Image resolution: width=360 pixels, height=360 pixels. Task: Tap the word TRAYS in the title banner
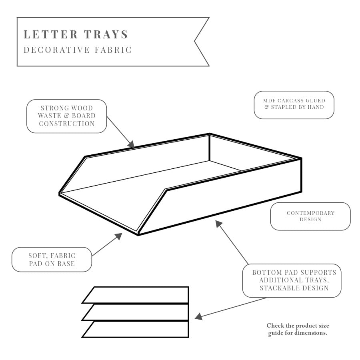click(x=106, y=34)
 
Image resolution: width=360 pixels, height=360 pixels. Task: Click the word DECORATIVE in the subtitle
click(x=56, y=50)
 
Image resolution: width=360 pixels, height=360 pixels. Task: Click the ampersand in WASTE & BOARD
click(x=66, y=116)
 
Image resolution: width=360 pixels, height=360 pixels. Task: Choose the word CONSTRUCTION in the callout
click(x=66, y=124)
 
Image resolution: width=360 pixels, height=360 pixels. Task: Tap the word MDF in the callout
click(x=269, y=100)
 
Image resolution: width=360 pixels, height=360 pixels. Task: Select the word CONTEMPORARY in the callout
click(x=310, y=213)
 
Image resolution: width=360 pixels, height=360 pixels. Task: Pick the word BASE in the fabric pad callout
click(x=66, y=264)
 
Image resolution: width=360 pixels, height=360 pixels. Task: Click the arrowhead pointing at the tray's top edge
click(x=131, y=145)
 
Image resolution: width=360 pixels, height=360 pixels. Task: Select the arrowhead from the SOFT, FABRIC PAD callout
click(x=118, y=236)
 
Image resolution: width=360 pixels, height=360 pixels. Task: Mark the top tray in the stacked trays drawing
click(x=136, y=295)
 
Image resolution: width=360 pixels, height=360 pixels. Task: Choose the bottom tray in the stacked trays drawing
click(x=136, y=329)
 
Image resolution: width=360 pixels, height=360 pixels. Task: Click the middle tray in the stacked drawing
click(x=136, y=312)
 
